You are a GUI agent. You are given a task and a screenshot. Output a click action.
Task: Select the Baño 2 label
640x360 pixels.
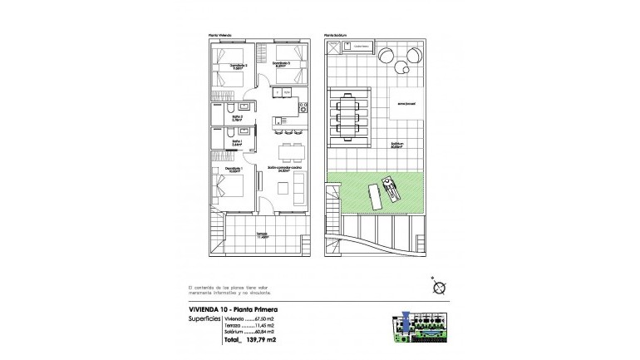(x=237, y=119)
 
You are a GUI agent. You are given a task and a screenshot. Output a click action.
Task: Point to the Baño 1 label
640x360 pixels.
(x=237, y=142)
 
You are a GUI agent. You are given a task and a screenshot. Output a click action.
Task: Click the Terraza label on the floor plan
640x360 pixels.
(x=262, y=234)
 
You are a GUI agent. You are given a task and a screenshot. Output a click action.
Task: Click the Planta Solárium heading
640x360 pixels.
(x=334, y=35)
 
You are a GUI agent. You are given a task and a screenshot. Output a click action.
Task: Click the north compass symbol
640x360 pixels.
(x=439, y=288)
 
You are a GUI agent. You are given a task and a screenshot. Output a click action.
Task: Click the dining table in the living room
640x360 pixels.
(x=290, y=151)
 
